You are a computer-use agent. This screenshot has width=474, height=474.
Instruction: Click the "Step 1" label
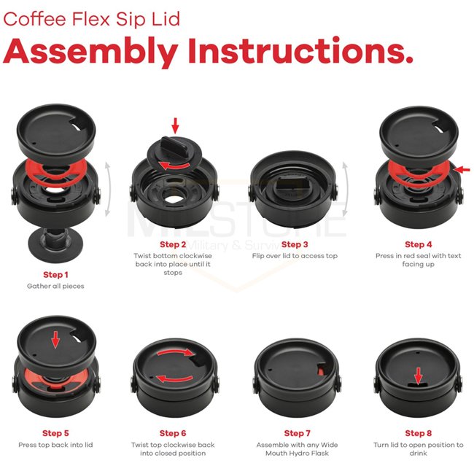click(x=55, y=274)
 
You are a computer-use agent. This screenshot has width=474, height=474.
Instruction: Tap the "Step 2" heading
click(x=173, y=244)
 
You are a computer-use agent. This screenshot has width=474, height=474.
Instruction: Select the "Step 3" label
click(x=295, y=244)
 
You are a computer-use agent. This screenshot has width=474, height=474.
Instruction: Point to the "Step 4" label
click(x=419, y=244)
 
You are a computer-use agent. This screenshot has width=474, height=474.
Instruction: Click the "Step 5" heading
click(x=55, y=433)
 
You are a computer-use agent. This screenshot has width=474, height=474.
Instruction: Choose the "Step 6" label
click(x=173, y=433)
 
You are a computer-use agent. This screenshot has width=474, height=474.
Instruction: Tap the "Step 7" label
click(x=297, y=433)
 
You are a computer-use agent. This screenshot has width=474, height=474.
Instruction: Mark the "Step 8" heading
click(x=419, y=433)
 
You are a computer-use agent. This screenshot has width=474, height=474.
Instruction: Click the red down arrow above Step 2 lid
click(x=175, y=125)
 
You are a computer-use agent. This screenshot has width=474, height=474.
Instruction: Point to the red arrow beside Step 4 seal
click(x=462, y=170)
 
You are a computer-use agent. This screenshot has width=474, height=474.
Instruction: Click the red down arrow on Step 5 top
click(x=55, y=340)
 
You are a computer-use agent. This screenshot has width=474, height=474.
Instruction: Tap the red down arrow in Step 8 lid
click(x=418, y=376)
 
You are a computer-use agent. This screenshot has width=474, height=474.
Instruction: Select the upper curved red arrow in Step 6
click(x=175, y=351)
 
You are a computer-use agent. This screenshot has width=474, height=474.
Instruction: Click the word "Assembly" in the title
click(x=90, y=51)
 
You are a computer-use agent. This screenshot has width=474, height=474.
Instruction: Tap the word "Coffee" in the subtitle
click(x=35, y=19)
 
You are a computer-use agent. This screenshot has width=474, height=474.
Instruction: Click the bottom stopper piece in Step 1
click(x=55, y=244)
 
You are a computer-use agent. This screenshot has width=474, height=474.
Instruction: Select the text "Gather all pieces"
click(x=55, y=286)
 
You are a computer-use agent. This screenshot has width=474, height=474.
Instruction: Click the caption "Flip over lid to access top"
click(x=295, y=256)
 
